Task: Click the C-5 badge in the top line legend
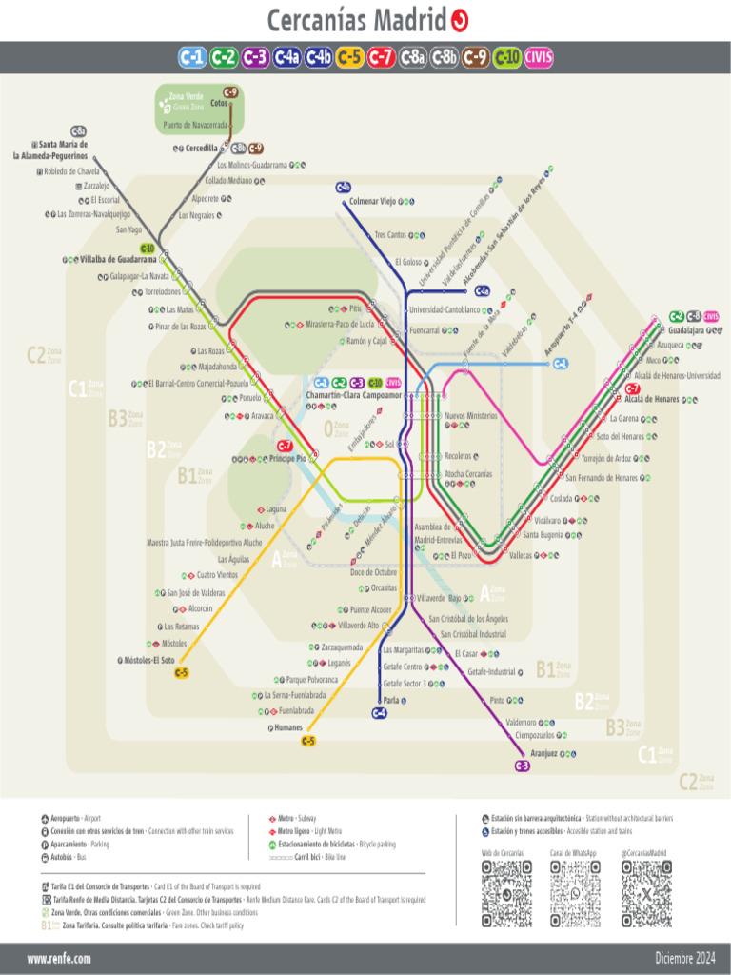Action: point(349,58)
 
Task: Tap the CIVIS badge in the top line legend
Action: point(539,58)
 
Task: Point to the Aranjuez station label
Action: point(543,753)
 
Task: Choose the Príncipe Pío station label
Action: point(287,459)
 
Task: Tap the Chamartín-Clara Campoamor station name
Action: point(353,395)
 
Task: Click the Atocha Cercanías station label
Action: point(467,473)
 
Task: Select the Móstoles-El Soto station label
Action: point(149,660)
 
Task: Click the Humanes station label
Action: point(288,728)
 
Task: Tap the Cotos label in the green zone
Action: point(218,104)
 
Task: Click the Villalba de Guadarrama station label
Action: point(118,259)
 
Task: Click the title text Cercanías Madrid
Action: point(356,20)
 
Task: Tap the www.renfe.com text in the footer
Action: point(59,958)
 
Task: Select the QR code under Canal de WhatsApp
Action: point(576,893)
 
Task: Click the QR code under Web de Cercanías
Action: point(506,893)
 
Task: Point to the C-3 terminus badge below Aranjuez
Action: point(522,766)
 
